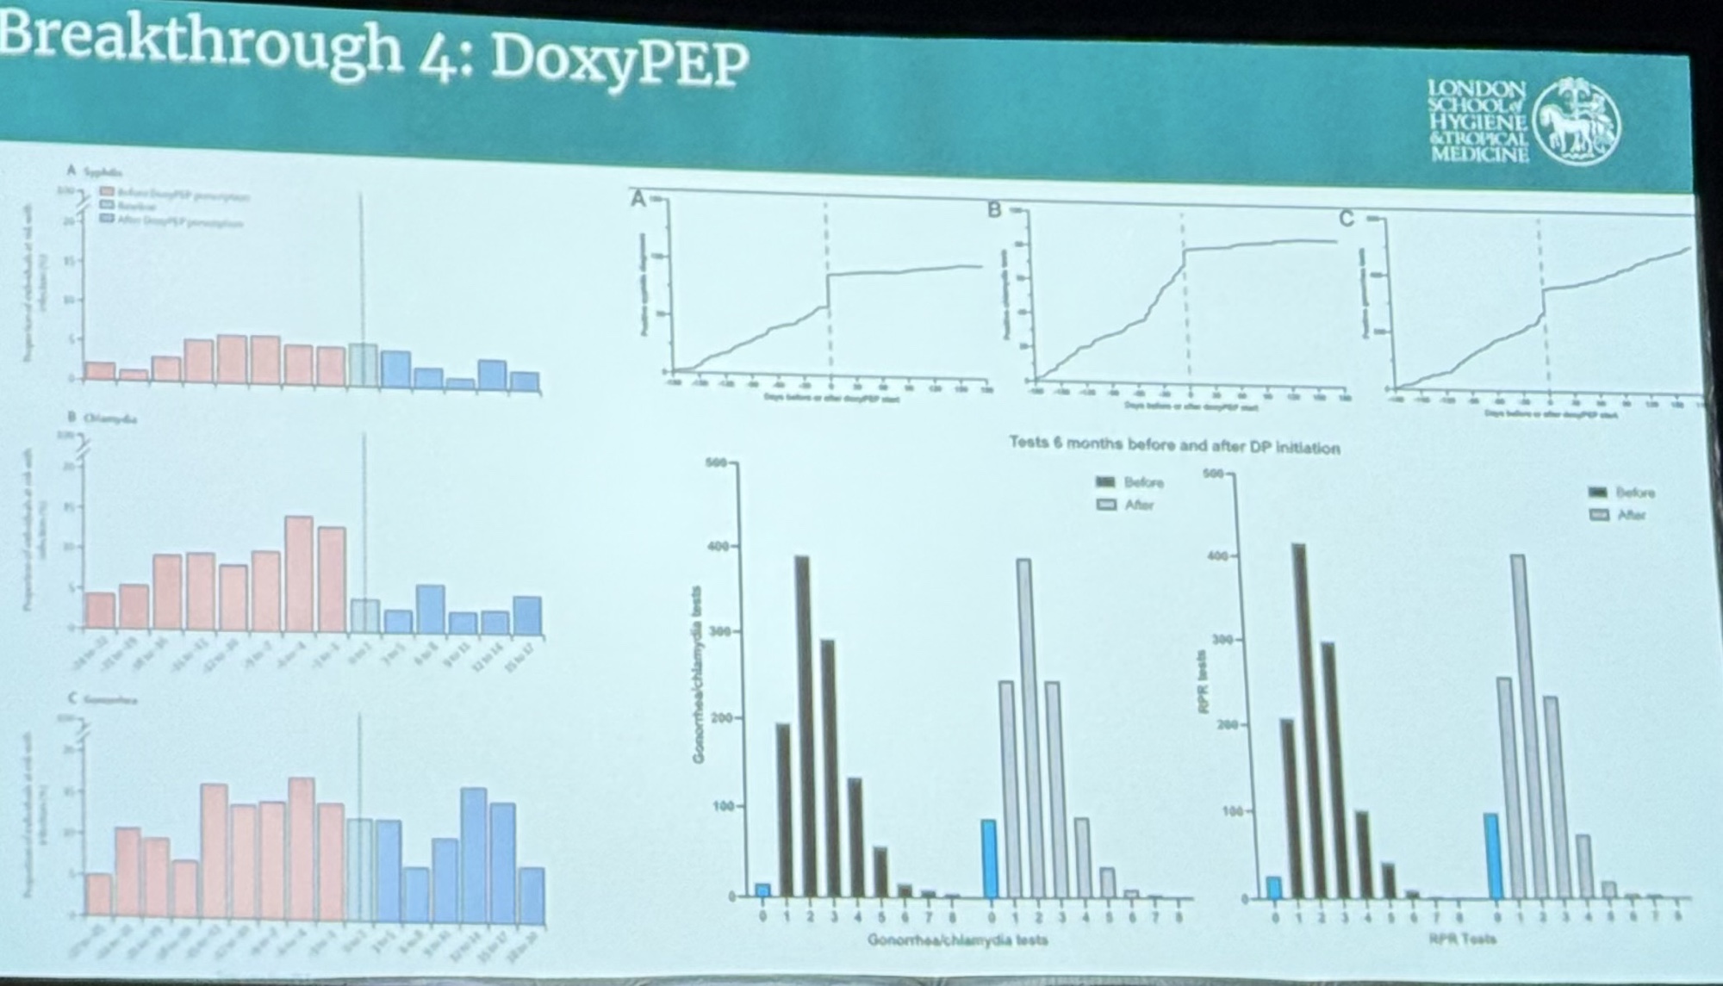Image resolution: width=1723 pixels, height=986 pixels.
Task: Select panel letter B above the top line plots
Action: point(994,210)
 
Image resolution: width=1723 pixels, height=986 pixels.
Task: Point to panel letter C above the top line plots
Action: point(1347,220)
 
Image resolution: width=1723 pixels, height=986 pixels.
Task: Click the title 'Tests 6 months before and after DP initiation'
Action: point(1174,446)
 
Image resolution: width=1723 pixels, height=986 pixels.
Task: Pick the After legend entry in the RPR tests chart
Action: point(1620,515)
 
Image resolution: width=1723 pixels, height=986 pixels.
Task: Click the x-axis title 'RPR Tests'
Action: point(1462,938)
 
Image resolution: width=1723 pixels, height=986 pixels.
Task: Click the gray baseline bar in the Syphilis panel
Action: point(363,363)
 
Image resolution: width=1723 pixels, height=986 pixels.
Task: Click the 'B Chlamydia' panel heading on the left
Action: point(103,418)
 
